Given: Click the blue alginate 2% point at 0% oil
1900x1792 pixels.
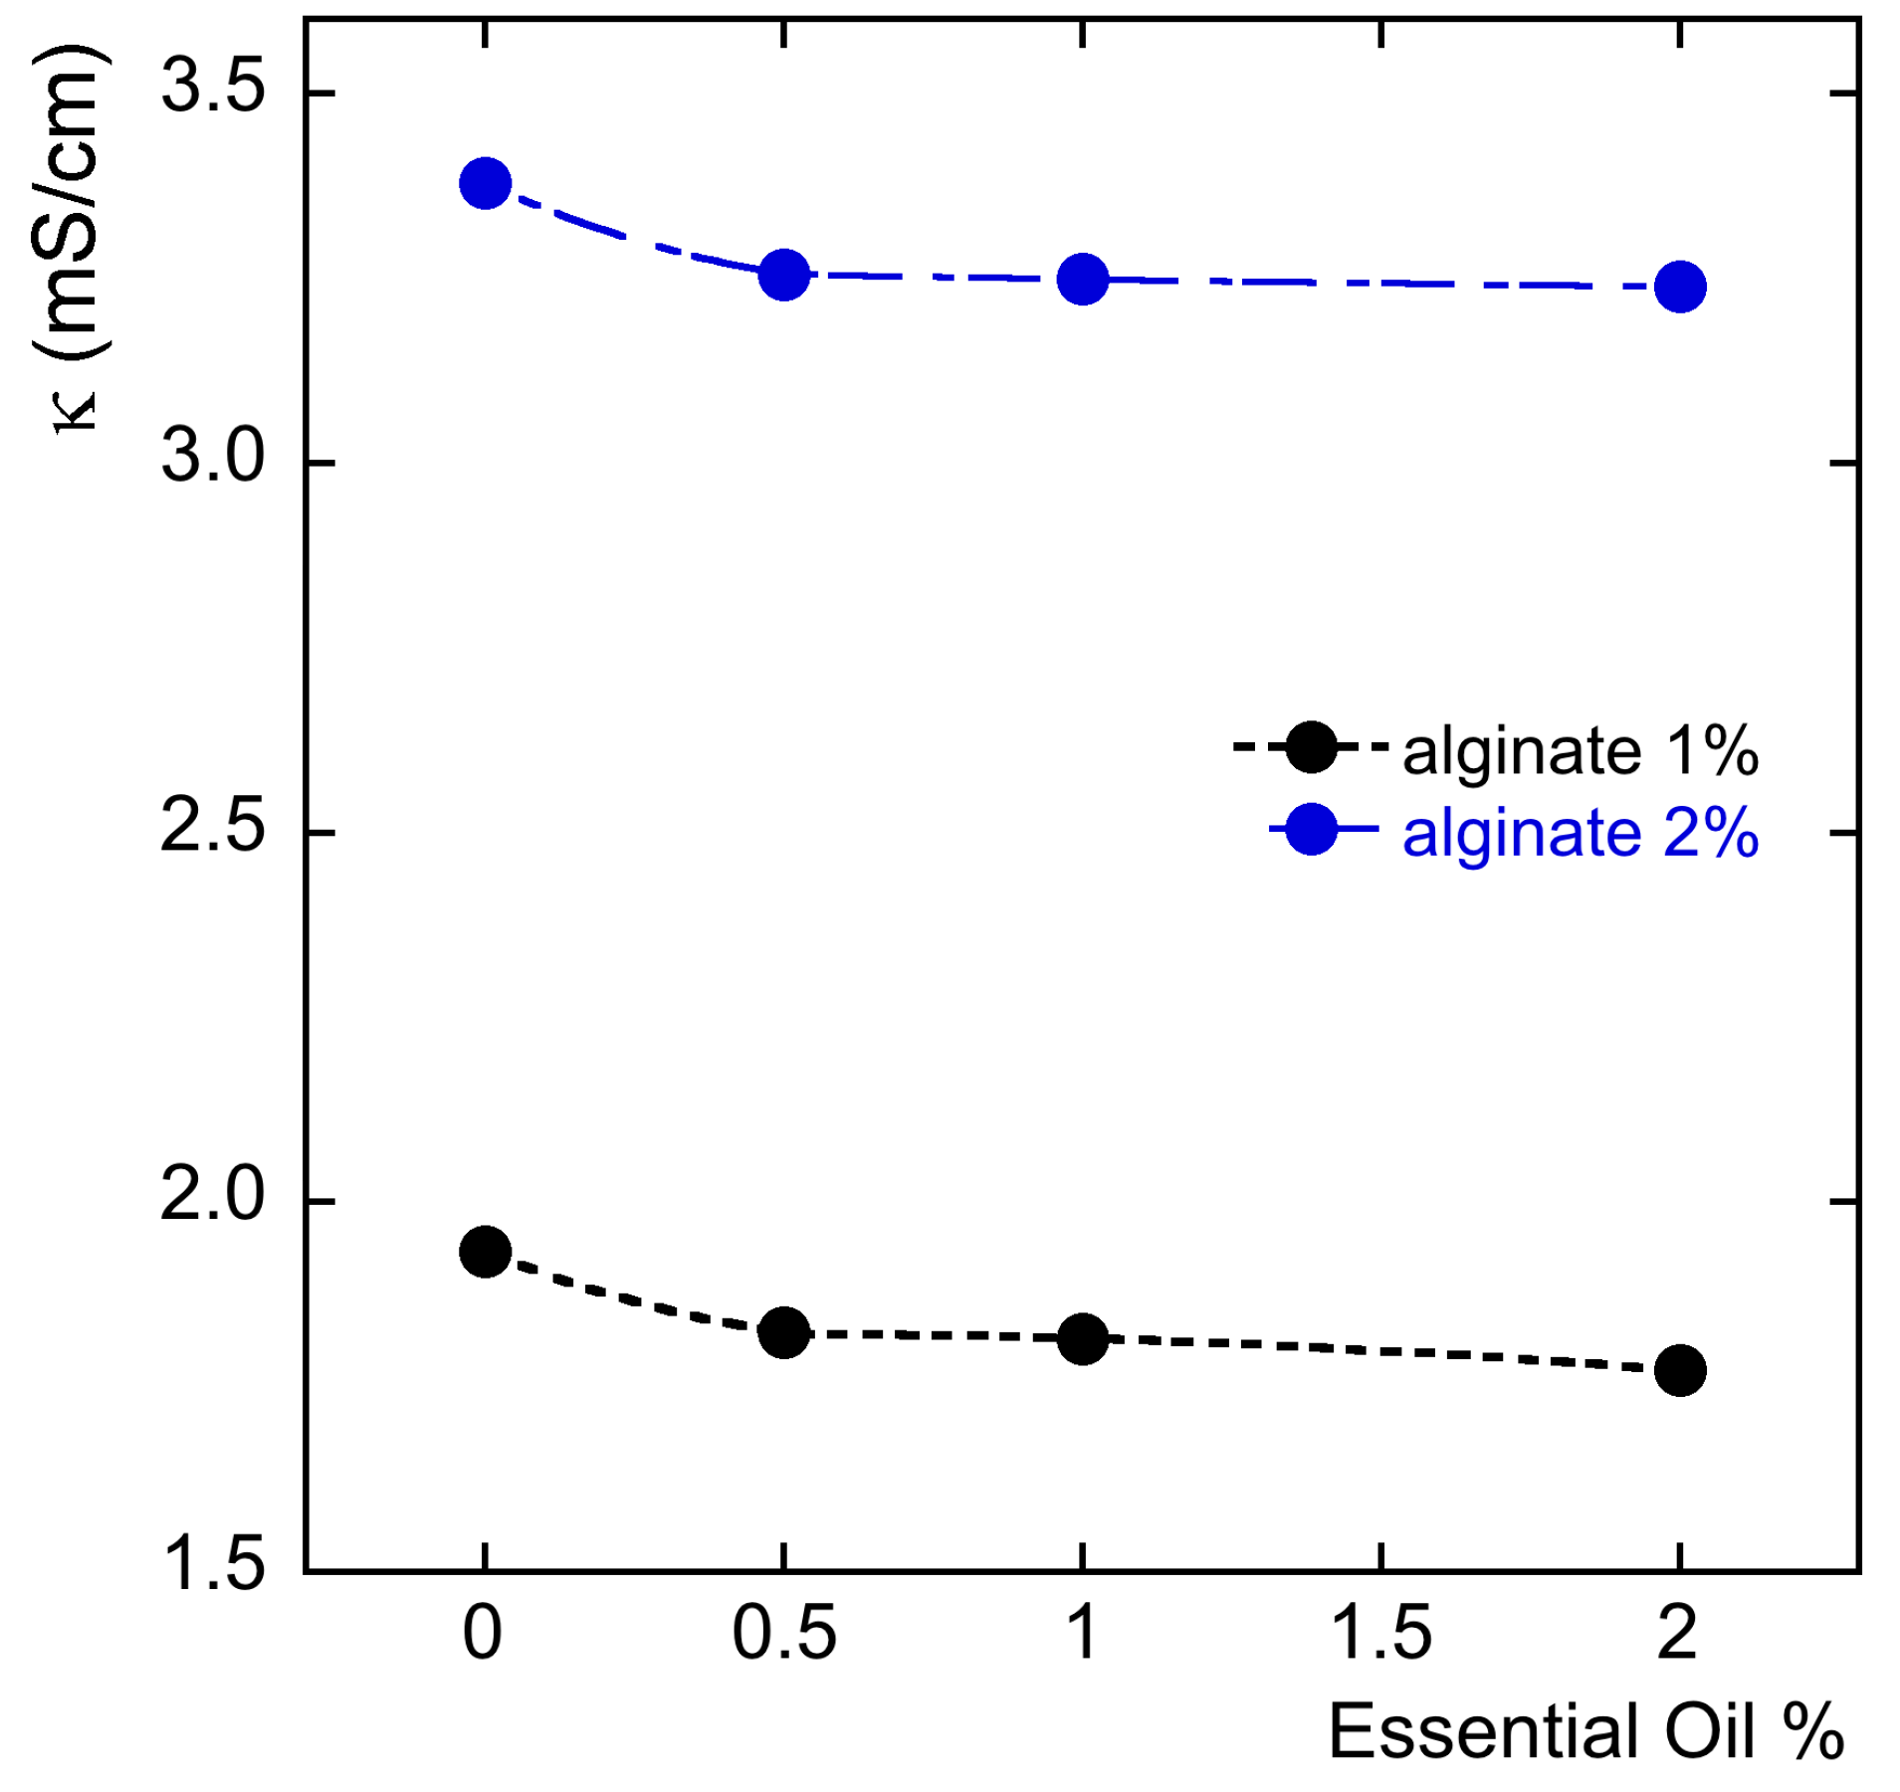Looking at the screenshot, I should click(485, 183).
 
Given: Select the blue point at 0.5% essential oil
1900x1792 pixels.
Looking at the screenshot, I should click(783, 274).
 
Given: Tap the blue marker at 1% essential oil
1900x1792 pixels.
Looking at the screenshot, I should click(1082, 279).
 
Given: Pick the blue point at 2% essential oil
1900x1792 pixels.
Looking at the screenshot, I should click(1680, 287).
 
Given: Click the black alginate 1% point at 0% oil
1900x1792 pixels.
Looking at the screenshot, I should click(485, 1251).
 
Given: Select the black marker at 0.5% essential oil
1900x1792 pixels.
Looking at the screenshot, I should click(783, 1332).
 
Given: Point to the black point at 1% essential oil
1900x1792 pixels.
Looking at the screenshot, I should click(1082, 1338).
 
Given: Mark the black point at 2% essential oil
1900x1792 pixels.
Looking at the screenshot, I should click(1680, 1370).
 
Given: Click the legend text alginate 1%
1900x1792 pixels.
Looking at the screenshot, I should click(1580, 751).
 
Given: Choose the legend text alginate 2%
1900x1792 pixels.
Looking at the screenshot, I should click(1580, 834).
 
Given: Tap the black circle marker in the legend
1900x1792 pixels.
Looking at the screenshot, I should click(1311, 746).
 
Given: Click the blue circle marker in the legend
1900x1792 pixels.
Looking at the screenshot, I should click(1311, 829).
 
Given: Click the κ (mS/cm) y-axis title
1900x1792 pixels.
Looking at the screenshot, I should click(70, 239).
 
